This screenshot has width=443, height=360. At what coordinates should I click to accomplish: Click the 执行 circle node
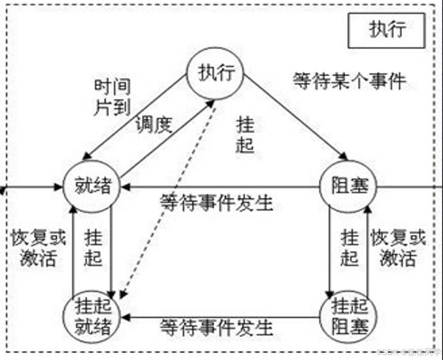click(216, 74)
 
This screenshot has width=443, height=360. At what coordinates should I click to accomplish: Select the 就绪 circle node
click(92, 186)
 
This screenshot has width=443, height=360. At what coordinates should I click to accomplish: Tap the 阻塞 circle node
click(349, 186)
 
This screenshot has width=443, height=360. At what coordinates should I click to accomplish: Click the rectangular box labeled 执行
click(387, 30)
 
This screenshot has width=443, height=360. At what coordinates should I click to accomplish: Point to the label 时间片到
click(112, 97)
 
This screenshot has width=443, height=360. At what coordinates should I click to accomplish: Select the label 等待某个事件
click(349, 81)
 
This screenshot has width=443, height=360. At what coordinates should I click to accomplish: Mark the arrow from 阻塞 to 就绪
click(222, 187)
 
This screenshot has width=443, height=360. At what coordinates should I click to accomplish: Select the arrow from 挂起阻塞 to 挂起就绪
click(222, 317)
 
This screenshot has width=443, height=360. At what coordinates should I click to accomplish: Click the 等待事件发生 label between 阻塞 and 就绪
click(216, 204)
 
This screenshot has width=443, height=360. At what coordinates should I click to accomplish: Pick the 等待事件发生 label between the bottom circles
click(216, 328)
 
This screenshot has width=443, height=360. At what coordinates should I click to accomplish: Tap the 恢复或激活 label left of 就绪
click(38, 248)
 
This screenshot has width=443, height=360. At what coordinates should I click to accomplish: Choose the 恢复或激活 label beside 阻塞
click(398, 248)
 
